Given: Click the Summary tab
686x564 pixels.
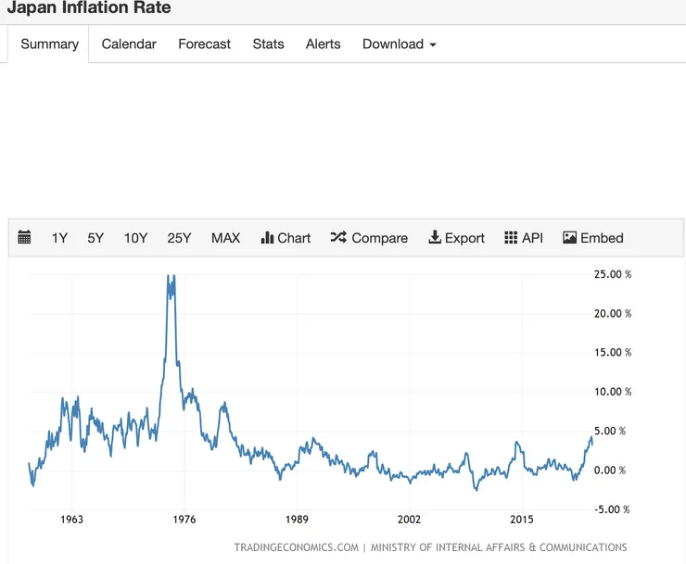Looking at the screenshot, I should [x=49, y=44].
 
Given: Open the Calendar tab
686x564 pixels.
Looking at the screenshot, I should [x=129, y=44].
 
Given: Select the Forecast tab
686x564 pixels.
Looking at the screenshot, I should [x=204, y=44].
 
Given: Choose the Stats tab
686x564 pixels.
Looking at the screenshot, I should [x=268, y=44].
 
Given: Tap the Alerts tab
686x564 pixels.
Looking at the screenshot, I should [x=323, y=44].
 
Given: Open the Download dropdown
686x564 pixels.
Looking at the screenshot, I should [x=399, y=44].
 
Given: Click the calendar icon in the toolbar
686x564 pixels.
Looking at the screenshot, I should [x=25, y=238].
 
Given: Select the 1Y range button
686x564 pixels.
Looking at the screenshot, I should [x=59, y=238].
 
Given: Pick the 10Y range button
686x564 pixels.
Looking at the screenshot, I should [x=135, y=238].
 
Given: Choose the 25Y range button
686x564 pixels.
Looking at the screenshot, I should [x=179, y=238].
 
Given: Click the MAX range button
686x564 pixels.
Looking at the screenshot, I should [x=225, y=238].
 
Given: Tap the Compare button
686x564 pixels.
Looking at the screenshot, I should [x=369, y=238].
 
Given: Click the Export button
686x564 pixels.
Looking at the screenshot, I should [x=456, y=238].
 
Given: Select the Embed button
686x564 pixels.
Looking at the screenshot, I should [x=592, y=238].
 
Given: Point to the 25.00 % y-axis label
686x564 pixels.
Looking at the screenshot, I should [x=612, y=274].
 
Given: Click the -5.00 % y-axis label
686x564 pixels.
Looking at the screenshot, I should [x=611, y=509].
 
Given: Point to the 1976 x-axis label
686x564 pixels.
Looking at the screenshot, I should [x=184, y=520].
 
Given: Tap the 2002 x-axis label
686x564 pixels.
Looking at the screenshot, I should [x=409, y=520].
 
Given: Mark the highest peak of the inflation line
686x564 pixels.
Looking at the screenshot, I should [x=169, y=276].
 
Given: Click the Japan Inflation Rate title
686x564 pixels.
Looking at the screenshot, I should [x=88, y=8].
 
